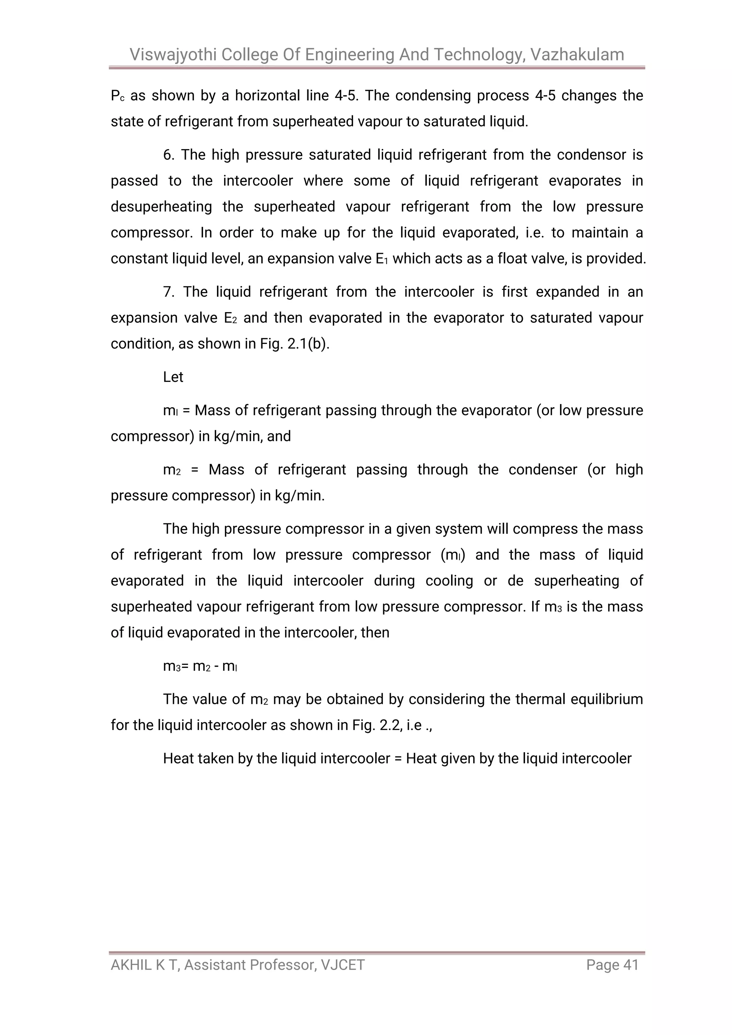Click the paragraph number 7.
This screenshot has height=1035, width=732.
168,292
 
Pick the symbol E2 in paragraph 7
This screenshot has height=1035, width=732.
230,318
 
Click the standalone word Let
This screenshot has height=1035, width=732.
173,377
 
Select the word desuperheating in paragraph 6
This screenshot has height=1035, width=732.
161,207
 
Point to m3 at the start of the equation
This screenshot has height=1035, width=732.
172,666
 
